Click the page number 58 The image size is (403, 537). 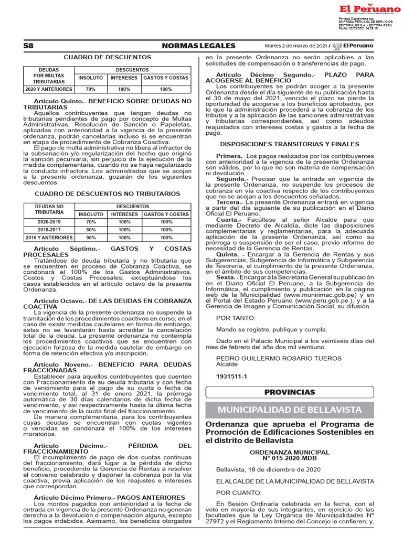28,46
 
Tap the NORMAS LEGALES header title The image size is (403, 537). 199,46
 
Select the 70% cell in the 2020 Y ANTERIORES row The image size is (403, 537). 90,89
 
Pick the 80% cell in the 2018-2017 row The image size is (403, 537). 90,230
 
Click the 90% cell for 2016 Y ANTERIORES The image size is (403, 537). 90,238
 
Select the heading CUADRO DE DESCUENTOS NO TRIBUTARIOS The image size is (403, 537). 107,194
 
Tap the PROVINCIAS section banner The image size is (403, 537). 289,392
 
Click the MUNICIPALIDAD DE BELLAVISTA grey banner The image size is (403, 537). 289,410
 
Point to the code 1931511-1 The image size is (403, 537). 231,377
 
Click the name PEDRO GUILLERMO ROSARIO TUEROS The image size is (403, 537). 279,358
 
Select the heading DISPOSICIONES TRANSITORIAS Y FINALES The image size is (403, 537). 289,144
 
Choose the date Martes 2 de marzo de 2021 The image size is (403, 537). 296,46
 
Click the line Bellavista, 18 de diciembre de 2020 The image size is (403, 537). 268,469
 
